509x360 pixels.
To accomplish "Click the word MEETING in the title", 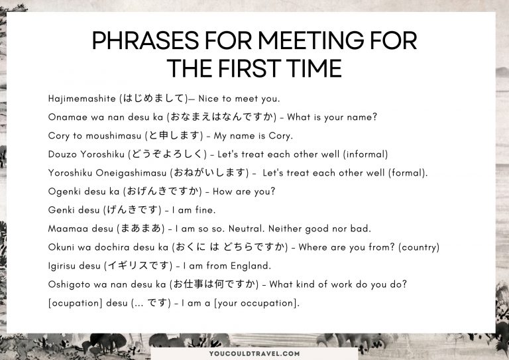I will (301, 41).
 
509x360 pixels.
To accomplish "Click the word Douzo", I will (63, 154).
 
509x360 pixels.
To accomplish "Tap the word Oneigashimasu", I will (133, 173).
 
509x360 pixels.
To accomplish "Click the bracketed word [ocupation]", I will (76, 303).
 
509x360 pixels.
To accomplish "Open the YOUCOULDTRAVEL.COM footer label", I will (254, 353).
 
